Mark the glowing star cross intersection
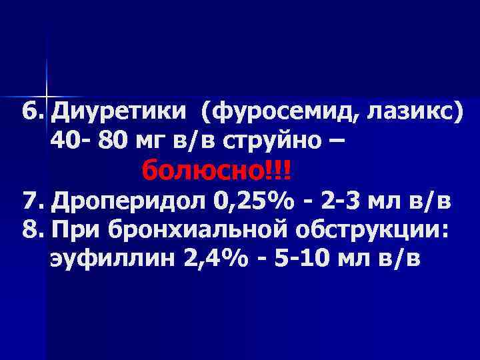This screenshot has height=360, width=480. point(47,91)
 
